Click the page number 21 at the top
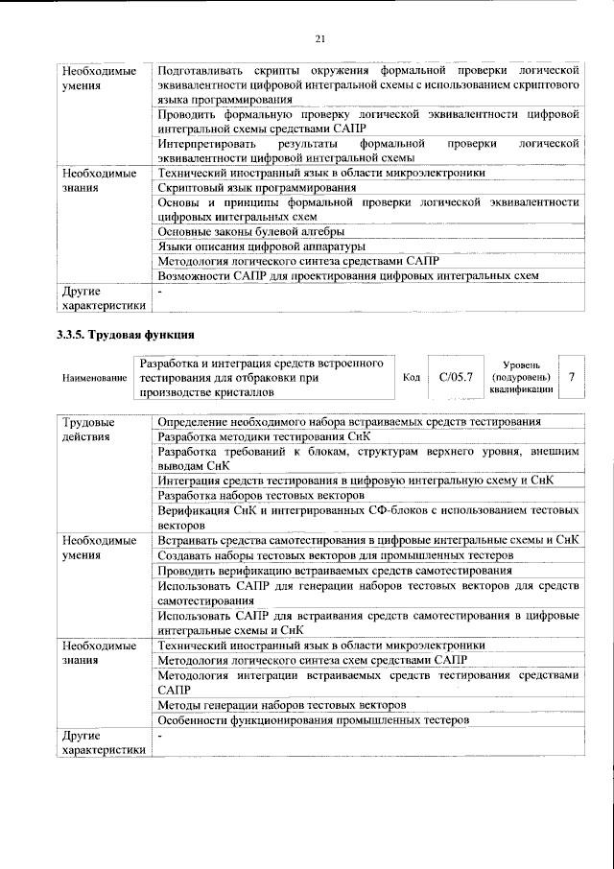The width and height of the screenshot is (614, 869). tap(320, 37)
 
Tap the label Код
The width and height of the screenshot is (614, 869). tap(411, 378)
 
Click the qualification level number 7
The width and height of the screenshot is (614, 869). tap(572, 378)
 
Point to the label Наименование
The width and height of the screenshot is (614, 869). tap(95, 379)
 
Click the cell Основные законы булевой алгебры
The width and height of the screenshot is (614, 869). tap(251, 231)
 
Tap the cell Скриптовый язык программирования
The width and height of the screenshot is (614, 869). tap(256, 188)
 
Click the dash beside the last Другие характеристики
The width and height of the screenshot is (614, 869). tap(161, 736)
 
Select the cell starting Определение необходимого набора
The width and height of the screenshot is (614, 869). tap(349, 422)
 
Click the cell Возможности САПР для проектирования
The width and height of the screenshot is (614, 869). tap(347, 275)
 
